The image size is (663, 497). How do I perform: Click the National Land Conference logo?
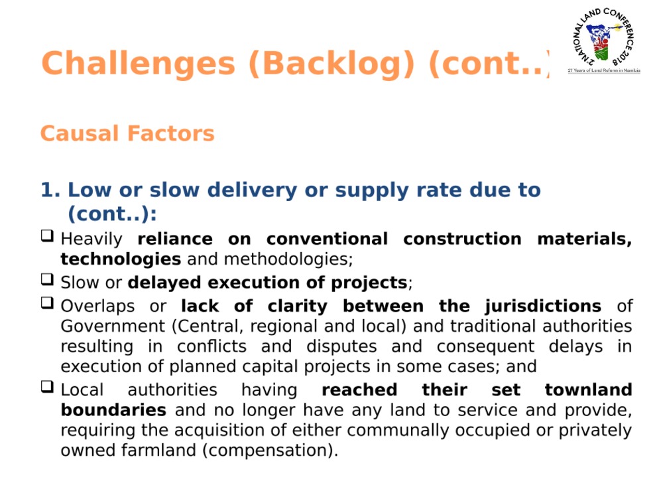(x=604, y=40)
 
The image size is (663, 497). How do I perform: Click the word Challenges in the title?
(x=139, y=63)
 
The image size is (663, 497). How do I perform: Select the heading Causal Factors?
(x=127, y=133)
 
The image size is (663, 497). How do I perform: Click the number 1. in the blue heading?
(x=50, y=190)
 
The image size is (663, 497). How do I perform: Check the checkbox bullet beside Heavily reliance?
(x=47, y=236)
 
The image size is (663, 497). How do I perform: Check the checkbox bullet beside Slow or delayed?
(x=47, y=279)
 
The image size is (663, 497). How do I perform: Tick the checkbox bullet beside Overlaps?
(x=47, y=303)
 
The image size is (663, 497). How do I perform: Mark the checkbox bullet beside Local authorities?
(x=47, y=387)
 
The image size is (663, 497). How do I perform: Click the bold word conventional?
(x=327, y=239)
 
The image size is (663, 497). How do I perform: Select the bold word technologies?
(x=121, y=259)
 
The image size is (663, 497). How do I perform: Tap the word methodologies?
(x=288, y=259)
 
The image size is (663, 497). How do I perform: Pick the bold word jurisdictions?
(x=543, y=307)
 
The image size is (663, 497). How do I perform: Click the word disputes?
(x=341, y=347)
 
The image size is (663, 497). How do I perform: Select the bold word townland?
(x=588, y=390)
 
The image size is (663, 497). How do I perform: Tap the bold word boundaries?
(x=113, y=410)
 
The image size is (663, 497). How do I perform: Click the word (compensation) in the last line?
(x=271, y=451)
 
